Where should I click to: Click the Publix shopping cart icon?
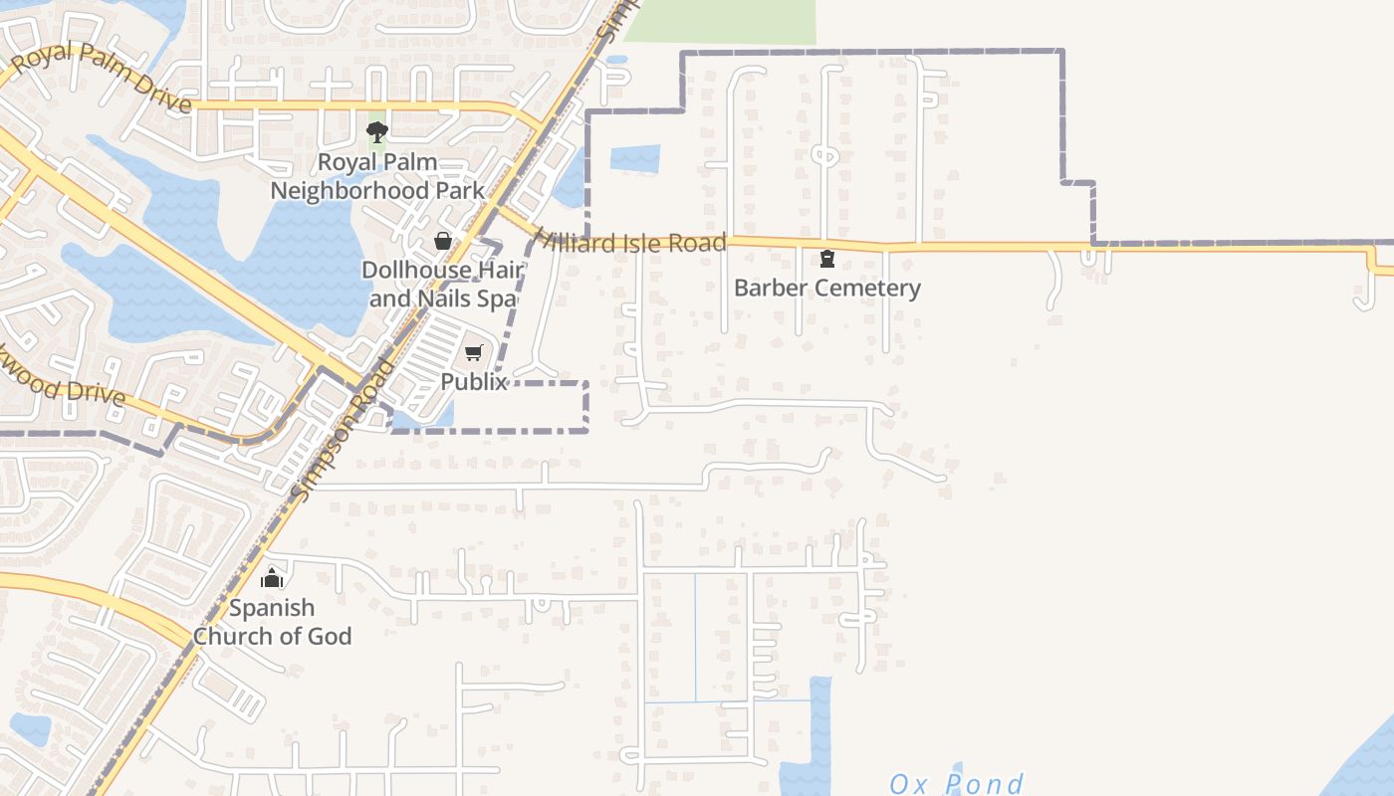point(474,353)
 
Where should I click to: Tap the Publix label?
point(474,382)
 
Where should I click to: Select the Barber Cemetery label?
point(826,289)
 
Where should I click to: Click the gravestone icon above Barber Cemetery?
point(826,260)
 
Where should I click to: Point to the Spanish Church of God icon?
point(272,578)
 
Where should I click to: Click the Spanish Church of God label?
point(272,622)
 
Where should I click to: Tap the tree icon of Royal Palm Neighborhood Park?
point(377,132)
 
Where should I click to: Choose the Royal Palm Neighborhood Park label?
point(377,176)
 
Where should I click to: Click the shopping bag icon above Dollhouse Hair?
point(443,241)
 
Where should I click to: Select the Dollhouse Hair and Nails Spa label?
point(441,284)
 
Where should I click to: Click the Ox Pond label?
point(956,784)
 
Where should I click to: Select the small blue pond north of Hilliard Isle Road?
point(634,158)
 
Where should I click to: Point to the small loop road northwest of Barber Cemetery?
point(824,154)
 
